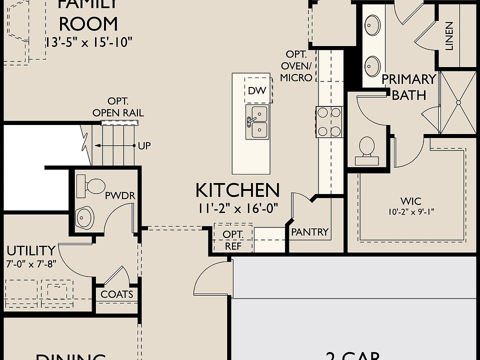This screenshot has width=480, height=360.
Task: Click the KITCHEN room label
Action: (237, 190)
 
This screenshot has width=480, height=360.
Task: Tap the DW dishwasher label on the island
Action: (256, 91)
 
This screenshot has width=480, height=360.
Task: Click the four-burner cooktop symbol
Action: (328, 121)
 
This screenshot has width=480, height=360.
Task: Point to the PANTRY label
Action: (309, 232)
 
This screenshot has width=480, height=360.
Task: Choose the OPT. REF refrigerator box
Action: (232, 239)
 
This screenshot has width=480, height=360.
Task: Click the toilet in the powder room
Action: (91, 185)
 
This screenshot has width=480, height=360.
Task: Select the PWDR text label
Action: (120, 195)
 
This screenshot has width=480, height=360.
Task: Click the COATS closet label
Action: (117, 294)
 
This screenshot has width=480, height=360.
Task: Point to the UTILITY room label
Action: (30, 250)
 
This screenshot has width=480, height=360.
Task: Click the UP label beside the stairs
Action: (144, 146)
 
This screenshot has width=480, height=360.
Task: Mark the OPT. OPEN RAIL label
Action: (118, 108)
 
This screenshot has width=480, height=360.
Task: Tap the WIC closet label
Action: (410, 201)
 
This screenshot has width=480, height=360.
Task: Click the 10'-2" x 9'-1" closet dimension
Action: (410, 212)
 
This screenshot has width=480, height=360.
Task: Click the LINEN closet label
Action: (449, 36)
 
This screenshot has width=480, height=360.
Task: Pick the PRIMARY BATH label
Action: (408, 87)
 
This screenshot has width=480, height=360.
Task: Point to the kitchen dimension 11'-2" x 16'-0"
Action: (237, 207)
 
